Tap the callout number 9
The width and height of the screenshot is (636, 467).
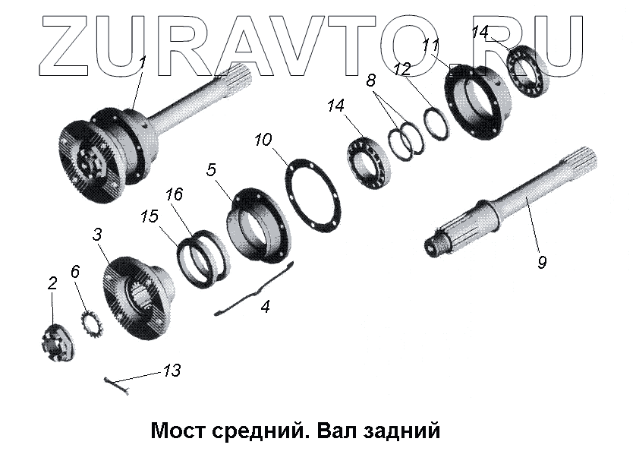point(541,263)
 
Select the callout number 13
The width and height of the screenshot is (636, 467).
point(172,371)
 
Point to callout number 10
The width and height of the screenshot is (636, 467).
point(263,140)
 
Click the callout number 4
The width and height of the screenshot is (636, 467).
point(265,308)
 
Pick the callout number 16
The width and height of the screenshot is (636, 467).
point(174,194)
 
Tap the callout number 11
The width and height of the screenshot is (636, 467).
point(433,43)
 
